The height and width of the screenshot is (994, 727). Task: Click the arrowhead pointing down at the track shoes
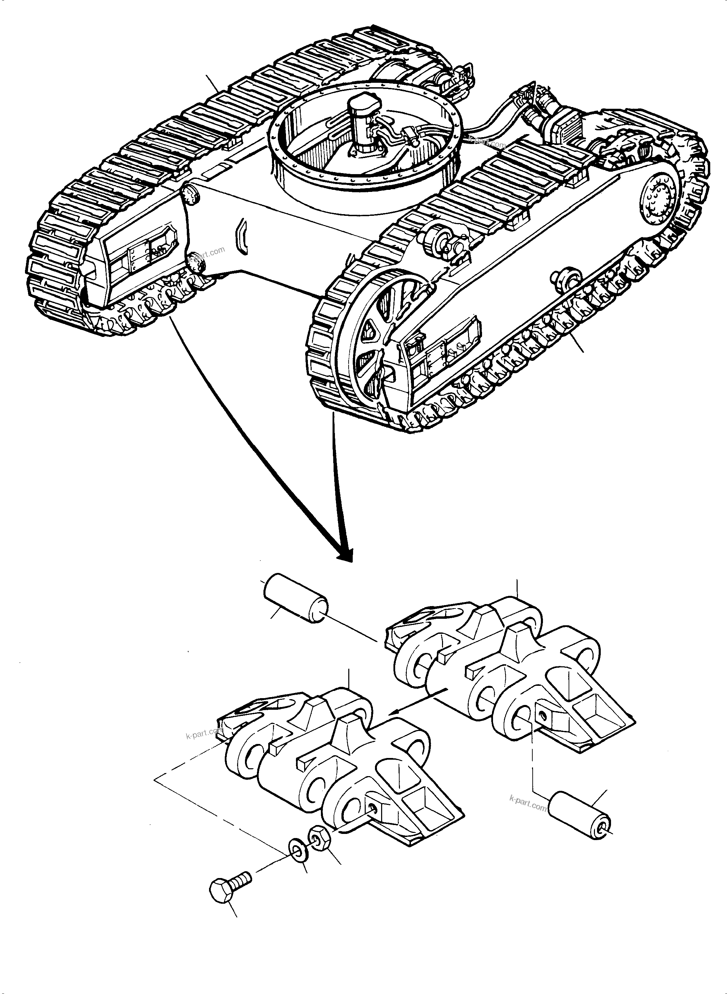346,556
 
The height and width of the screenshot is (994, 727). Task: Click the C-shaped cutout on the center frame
242,238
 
